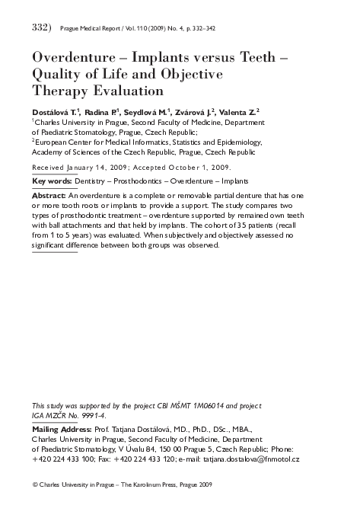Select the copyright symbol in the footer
(x=34, y=484)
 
